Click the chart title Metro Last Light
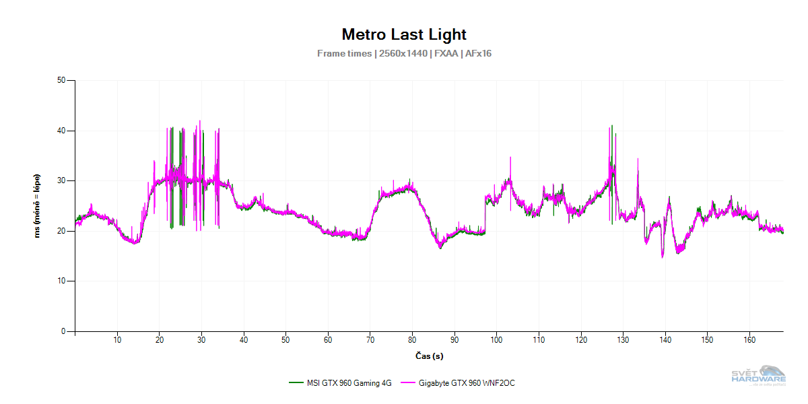404,34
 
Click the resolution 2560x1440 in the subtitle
403,53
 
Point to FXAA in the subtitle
444,53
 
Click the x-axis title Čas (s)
428,356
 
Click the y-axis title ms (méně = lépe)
38,206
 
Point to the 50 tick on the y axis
61,81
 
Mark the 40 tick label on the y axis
61,131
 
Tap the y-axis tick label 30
61,181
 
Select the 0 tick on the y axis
63,331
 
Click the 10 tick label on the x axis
117,341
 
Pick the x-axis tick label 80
412,341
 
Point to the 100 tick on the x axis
496,341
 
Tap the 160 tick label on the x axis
749,341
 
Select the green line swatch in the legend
295,383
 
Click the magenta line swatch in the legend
408,383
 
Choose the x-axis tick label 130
623,341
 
